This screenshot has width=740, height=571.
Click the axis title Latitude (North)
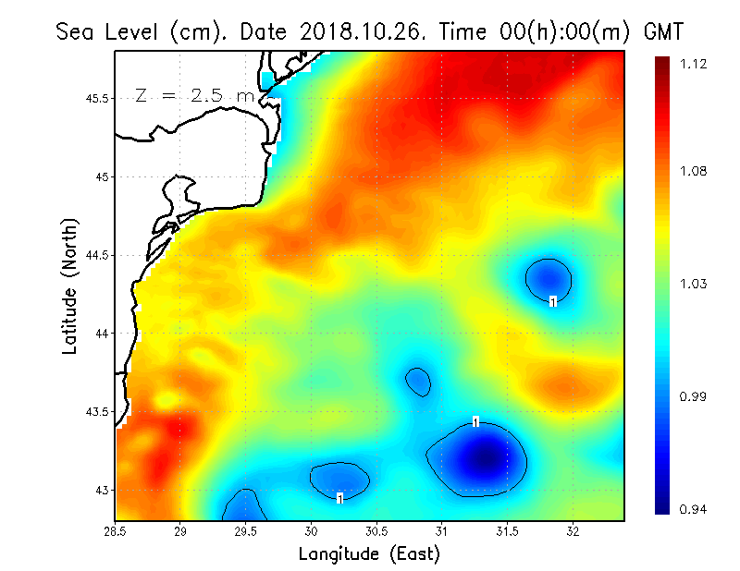click(x=70, y=286)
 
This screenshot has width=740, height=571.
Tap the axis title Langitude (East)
click(x=369, y=553)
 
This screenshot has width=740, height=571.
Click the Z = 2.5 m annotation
click(x=194, y=95)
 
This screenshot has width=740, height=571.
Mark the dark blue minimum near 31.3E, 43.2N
click(x=484, y=456)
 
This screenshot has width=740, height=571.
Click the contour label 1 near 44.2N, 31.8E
click(x=552, y=301)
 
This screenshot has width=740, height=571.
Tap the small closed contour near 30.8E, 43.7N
click(x=419, y=381)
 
